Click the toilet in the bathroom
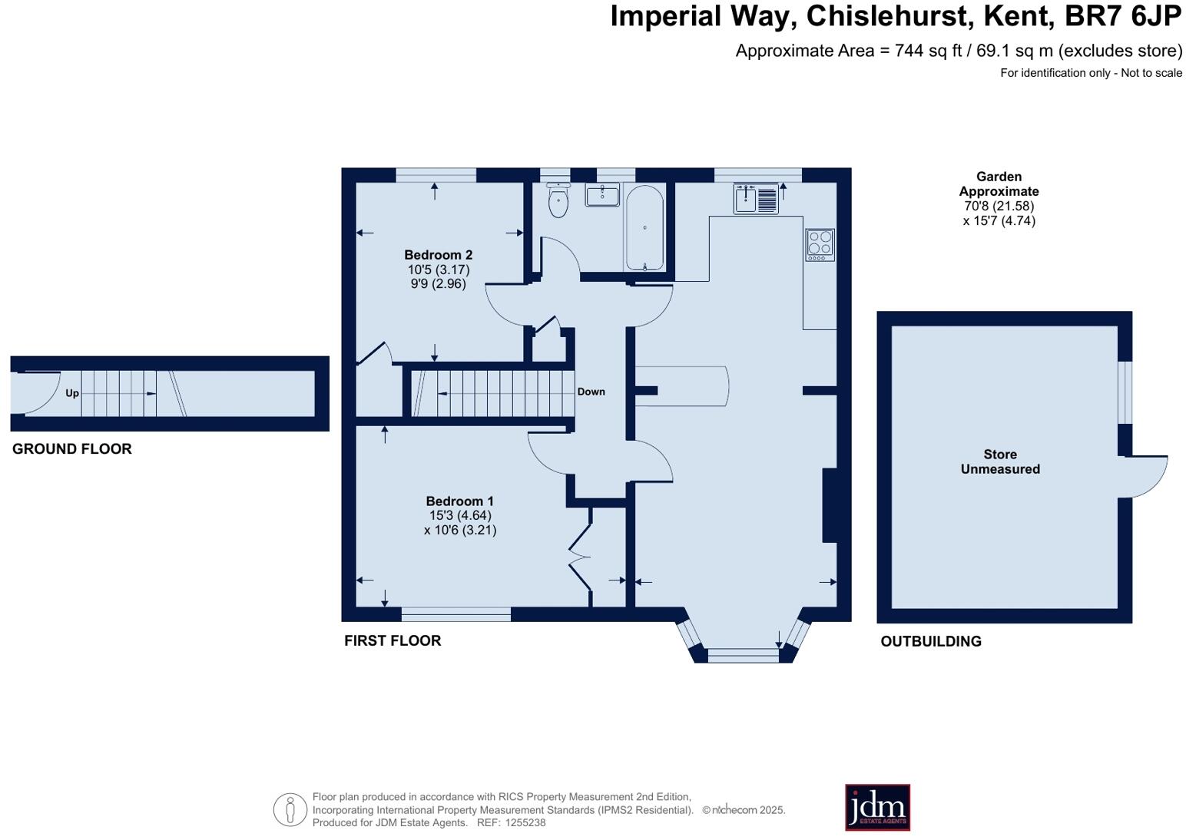point(558,202)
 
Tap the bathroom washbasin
point(602,195)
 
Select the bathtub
point(644,228)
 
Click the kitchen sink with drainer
point(756,199)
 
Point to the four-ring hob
point(820,245)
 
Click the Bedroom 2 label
point(438,255)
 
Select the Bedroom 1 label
point(459,501)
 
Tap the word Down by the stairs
point(591,392)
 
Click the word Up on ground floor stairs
point(72,393)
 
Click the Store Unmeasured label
point(1000,461)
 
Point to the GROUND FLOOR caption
point(72,449)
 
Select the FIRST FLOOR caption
point(393,641)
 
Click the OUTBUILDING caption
point(931,642)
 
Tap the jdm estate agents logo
point(877,807)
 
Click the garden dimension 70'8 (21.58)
point(999,206)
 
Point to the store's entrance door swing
point(1147,475)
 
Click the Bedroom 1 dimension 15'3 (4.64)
point(459,516)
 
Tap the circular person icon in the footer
point(290,809)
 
